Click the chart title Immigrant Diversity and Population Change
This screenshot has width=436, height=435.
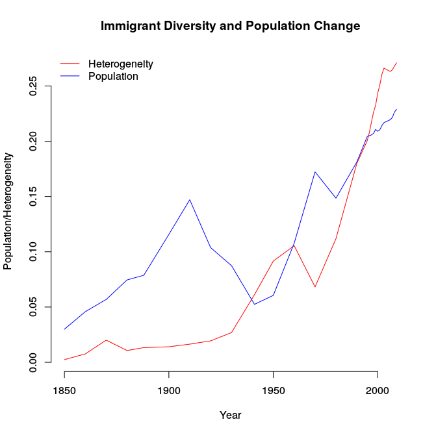(230, 27)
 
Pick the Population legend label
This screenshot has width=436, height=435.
(113, 76)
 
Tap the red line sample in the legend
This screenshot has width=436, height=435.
(70, 64)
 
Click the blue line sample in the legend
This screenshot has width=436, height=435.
(70, 76)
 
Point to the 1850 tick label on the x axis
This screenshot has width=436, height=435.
(64, 391)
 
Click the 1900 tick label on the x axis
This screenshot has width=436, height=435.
(168, 391)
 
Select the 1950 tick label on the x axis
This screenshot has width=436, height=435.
(273, 391)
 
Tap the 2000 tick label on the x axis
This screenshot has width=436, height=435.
(378, 391)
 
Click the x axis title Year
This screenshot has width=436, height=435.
(230, 415)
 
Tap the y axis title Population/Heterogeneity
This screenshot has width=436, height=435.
(8, 211)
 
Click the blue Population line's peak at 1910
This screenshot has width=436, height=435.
(190, 199)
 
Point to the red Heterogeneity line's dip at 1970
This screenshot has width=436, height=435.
(314, 287)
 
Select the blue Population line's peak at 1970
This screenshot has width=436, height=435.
(314, 172)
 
